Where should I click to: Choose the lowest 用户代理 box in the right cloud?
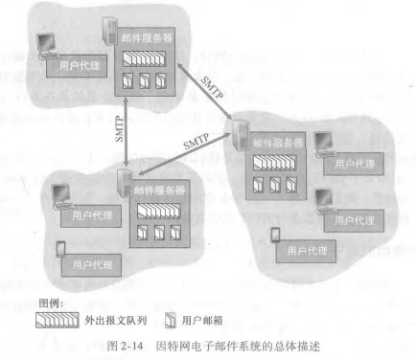pyautogui.click(x=316, y=250)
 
